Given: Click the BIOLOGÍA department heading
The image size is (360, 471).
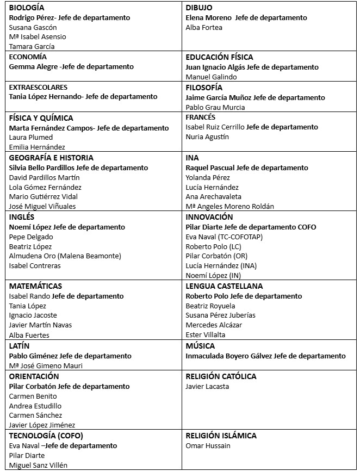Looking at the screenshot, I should pos(27,8).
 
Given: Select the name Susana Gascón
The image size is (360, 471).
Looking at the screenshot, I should pos(33,27).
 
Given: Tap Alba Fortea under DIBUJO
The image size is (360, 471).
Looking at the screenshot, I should pos(204,27).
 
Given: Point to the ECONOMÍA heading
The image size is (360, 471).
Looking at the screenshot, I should pos(28,57).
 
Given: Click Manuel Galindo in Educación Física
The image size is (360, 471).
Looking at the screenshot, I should pos(211,77).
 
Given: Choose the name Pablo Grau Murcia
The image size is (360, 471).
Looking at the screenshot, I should pos(215,107).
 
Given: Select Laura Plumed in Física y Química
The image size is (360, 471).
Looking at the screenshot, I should pos(31,138).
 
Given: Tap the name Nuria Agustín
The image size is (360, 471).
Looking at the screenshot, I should pos(207,137).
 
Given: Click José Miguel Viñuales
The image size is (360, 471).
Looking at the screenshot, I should pos(42,206).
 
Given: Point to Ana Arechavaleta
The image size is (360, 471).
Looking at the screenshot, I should pos(214,196).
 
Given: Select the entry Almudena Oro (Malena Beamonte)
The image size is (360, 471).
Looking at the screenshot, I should pos(65,256).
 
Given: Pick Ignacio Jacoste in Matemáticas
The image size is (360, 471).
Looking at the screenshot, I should pos(33,315).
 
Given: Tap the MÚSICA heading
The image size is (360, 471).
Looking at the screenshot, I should pos(200,346).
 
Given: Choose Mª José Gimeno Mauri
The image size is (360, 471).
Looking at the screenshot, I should pos(46,366).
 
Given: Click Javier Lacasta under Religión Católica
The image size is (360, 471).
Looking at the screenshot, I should pos(207,387).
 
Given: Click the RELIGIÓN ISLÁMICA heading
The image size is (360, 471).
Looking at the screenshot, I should pos(221,436).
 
